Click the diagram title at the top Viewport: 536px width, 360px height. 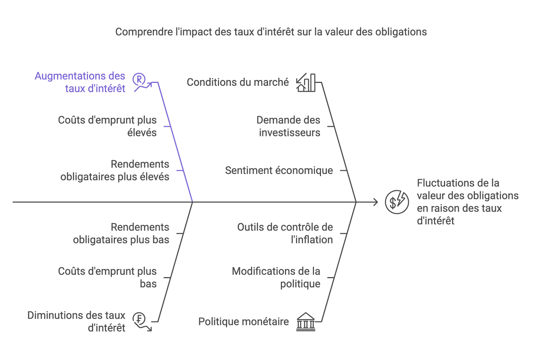271,32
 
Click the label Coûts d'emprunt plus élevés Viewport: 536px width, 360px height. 107,126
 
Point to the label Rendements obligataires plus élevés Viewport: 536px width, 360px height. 115,170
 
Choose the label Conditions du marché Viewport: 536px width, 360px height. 238,82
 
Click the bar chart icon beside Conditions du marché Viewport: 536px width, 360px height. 306,82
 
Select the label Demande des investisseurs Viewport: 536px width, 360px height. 288,126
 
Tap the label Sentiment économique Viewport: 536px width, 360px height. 279,170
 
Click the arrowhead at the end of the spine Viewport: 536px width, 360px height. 375,202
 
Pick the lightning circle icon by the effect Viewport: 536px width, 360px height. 396,202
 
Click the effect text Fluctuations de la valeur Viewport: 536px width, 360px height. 468,202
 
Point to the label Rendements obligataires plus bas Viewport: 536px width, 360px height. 121,233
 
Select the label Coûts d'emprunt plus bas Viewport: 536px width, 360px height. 107,277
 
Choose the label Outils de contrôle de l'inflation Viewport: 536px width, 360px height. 285,233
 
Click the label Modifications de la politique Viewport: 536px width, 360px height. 276,277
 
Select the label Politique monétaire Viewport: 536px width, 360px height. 243,322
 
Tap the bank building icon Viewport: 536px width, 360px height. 306,322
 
